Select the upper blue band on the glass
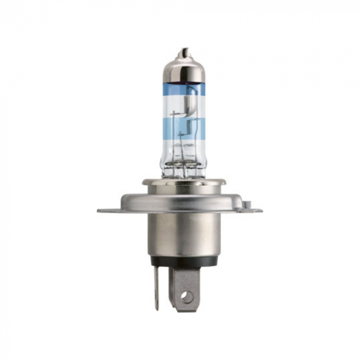coord(184,89)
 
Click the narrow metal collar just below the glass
coord(184,182)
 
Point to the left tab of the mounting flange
coord(105,210)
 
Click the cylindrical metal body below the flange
coord(184,234)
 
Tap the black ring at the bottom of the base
coord(184,261)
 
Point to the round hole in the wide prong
coord(187,297)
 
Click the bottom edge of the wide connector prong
coord(186,310)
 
